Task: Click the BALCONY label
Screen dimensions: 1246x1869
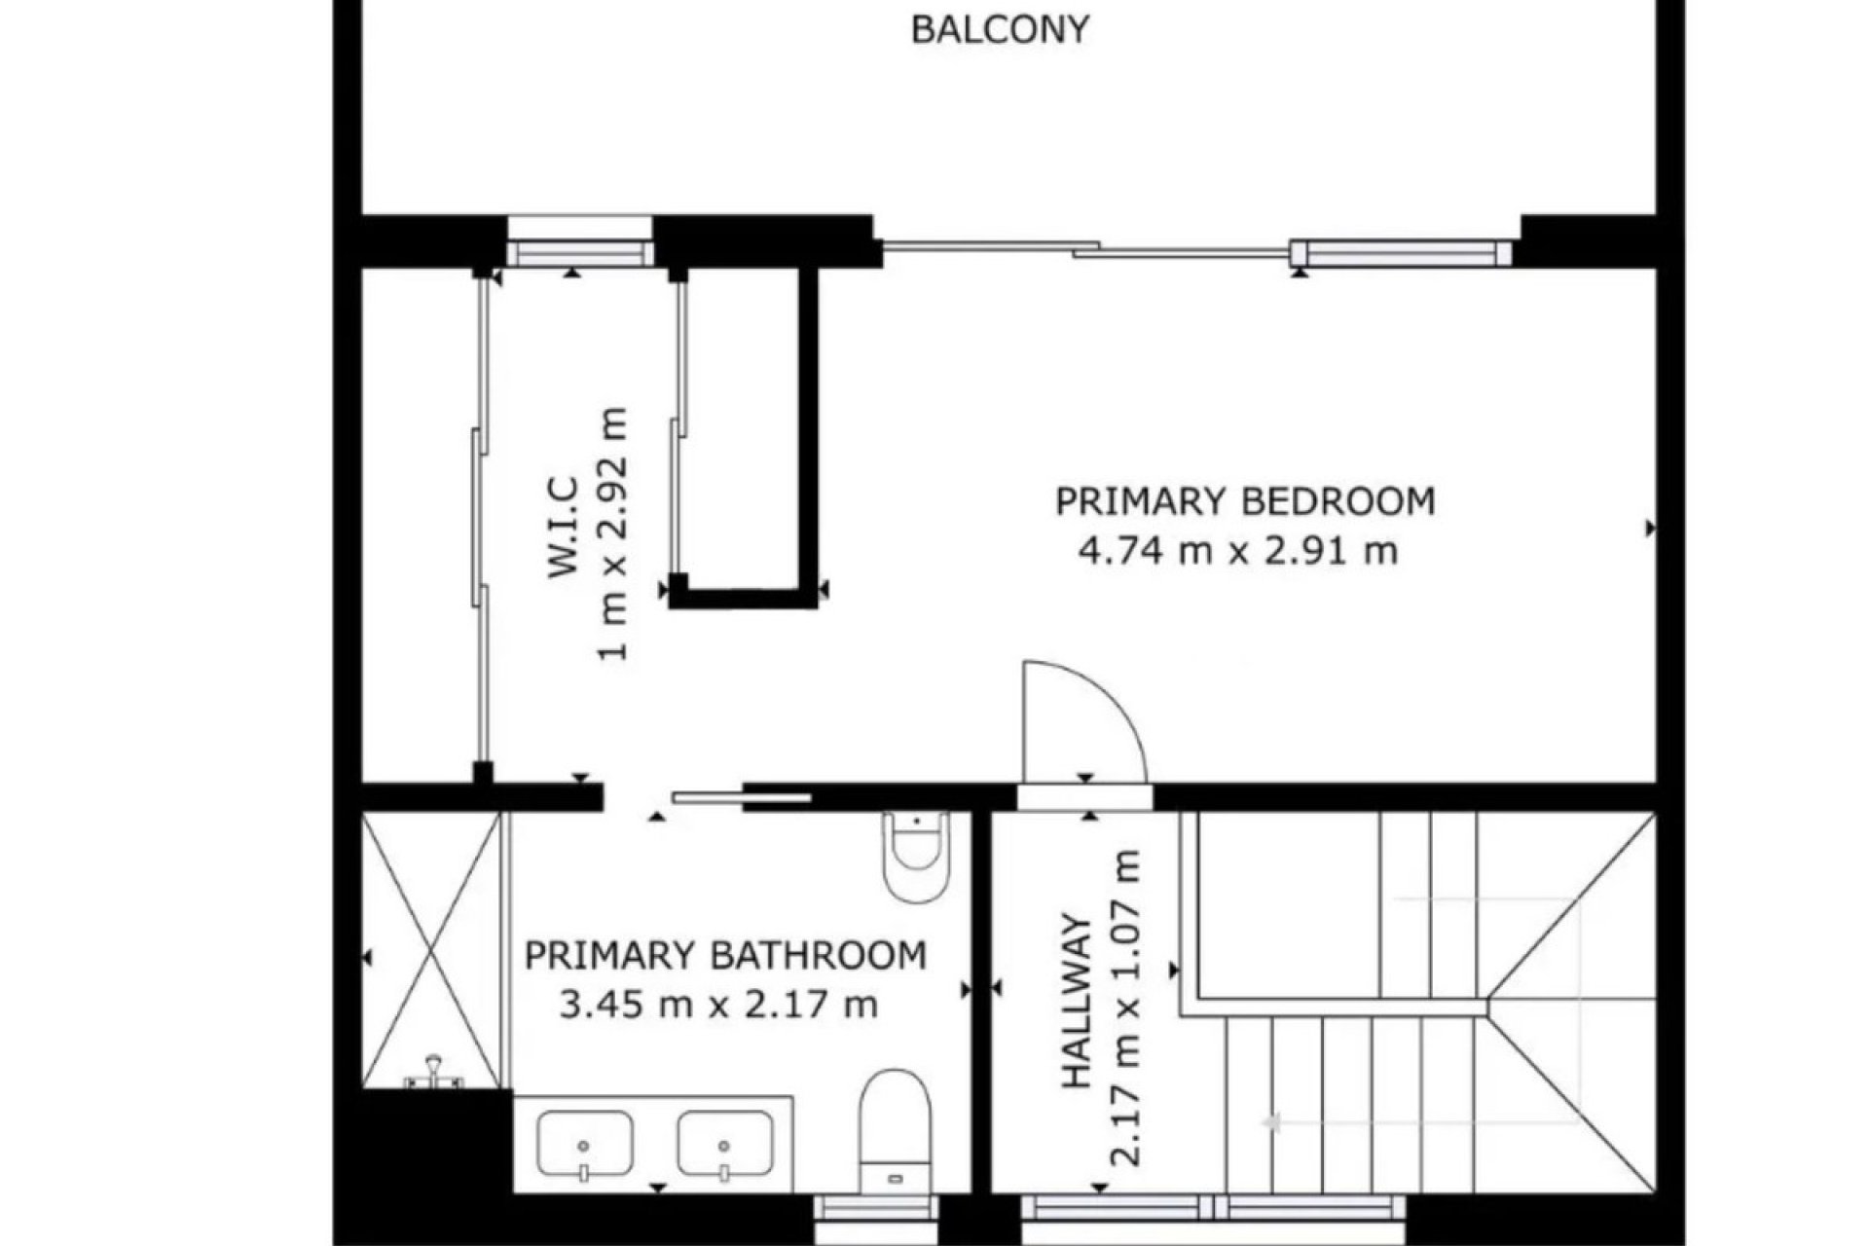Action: pos(999,29)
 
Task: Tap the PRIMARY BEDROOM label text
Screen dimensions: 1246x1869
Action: pos(1245,501)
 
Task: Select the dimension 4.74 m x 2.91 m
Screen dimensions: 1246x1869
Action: pos(1238,551)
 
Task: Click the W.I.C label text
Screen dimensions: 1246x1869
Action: pos(565,527)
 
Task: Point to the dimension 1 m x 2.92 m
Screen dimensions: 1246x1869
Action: pos(613,532)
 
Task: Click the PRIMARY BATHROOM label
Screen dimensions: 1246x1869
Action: pos(725,955)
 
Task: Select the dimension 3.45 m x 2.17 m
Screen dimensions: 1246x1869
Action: pos(718,1004)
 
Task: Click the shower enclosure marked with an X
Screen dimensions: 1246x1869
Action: pos(429,951)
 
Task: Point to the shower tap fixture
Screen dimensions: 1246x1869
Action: pos(432,1074)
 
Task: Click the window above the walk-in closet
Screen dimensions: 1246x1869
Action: pos(580,241)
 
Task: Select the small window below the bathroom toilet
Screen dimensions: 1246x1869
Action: pos(875,1210)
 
